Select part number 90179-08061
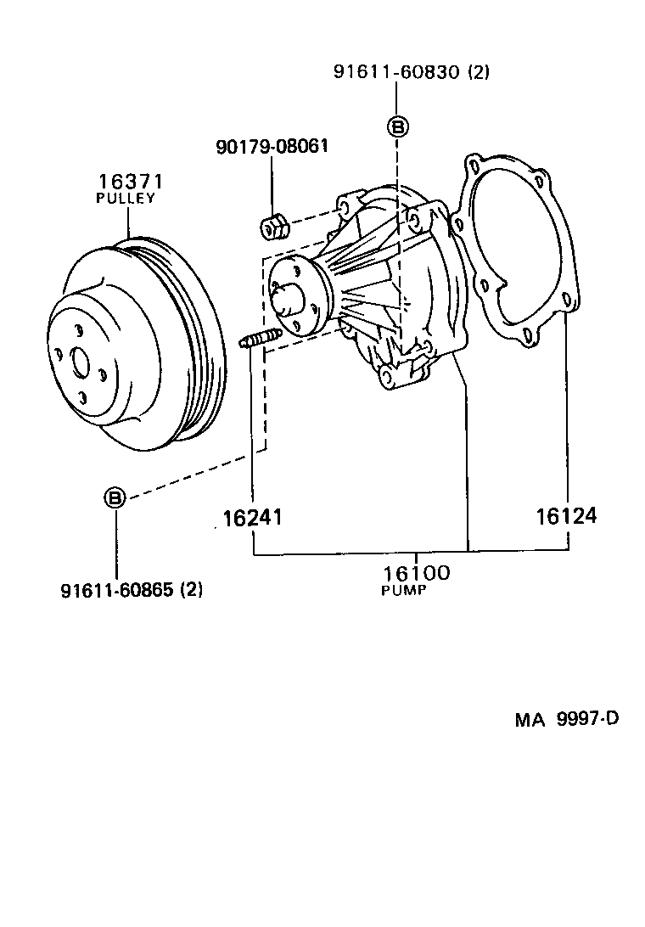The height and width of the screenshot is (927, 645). [x=272, y=147]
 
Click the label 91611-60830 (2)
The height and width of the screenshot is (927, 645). [x=411, y=73]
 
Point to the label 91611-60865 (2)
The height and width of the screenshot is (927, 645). [x=132, y=589]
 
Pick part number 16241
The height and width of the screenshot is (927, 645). [x=252, y=517]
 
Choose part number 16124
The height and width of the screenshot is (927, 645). [x=565, y=515]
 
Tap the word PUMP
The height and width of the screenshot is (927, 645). [x=404, y=590]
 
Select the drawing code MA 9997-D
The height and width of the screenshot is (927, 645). [x=566, y=720]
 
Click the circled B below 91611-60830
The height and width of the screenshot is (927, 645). [x=397, y=127]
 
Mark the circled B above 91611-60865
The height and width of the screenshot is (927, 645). [x=115, y=497]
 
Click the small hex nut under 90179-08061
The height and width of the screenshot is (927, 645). [x=272, y=227]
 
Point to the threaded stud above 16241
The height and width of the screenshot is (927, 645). [x=260, y=340]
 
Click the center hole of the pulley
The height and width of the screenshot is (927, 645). [x=81, y=362]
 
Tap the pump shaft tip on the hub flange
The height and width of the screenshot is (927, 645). [x=289, y=298]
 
